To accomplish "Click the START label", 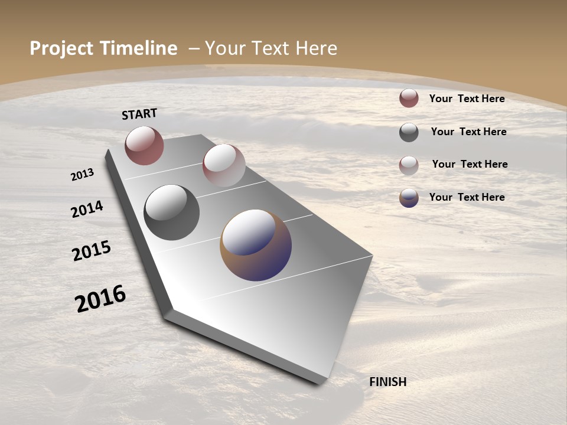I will click(139, 114).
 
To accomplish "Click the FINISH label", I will click(387, 382).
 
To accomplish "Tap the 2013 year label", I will click(83, 175).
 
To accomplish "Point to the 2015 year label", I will click(92, 251).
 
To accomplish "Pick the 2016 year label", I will click(100, 299).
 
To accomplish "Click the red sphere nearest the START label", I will click(144, 146).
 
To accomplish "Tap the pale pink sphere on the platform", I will click(224, 165).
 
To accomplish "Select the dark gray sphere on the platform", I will click(172, 212).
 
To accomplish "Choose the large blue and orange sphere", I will click(256, 245).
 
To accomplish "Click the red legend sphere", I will click(409, 98).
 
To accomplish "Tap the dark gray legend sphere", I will click(409, 132).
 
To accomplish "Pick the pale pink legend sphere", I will click(409, 165).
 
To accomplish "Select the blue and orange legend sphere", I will click(409, 198).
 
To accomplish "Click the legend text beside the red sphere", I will click(467, 99).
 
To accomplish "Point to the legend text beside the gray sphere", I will click(468, 132).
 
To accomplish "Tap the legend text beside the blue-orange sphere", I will click(467, 197).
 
